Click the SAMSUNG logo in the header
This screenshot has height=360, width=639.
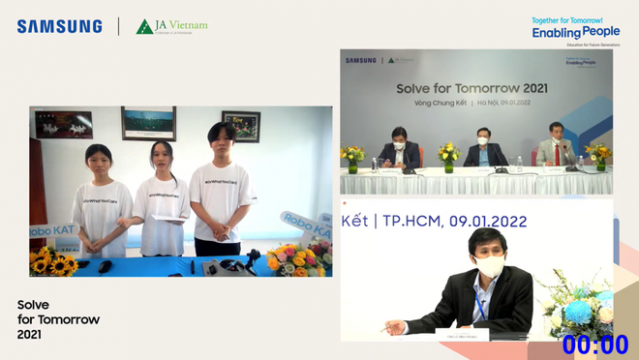pos(59,26)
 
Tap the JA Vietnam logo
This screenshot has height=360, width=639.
pos(171,26)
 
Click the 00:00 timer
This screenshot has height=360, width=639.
pos(595,345)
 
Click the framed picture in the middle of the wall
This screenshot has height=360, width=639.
pos(148,124)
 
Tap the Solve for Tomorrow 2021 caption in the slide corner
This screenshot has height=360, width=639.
pos(58,319)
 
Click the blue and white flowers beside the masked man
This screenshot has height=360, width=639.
pos(580,310)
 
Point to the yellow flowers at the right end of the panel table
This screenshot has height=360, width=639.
pos(597,154)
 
